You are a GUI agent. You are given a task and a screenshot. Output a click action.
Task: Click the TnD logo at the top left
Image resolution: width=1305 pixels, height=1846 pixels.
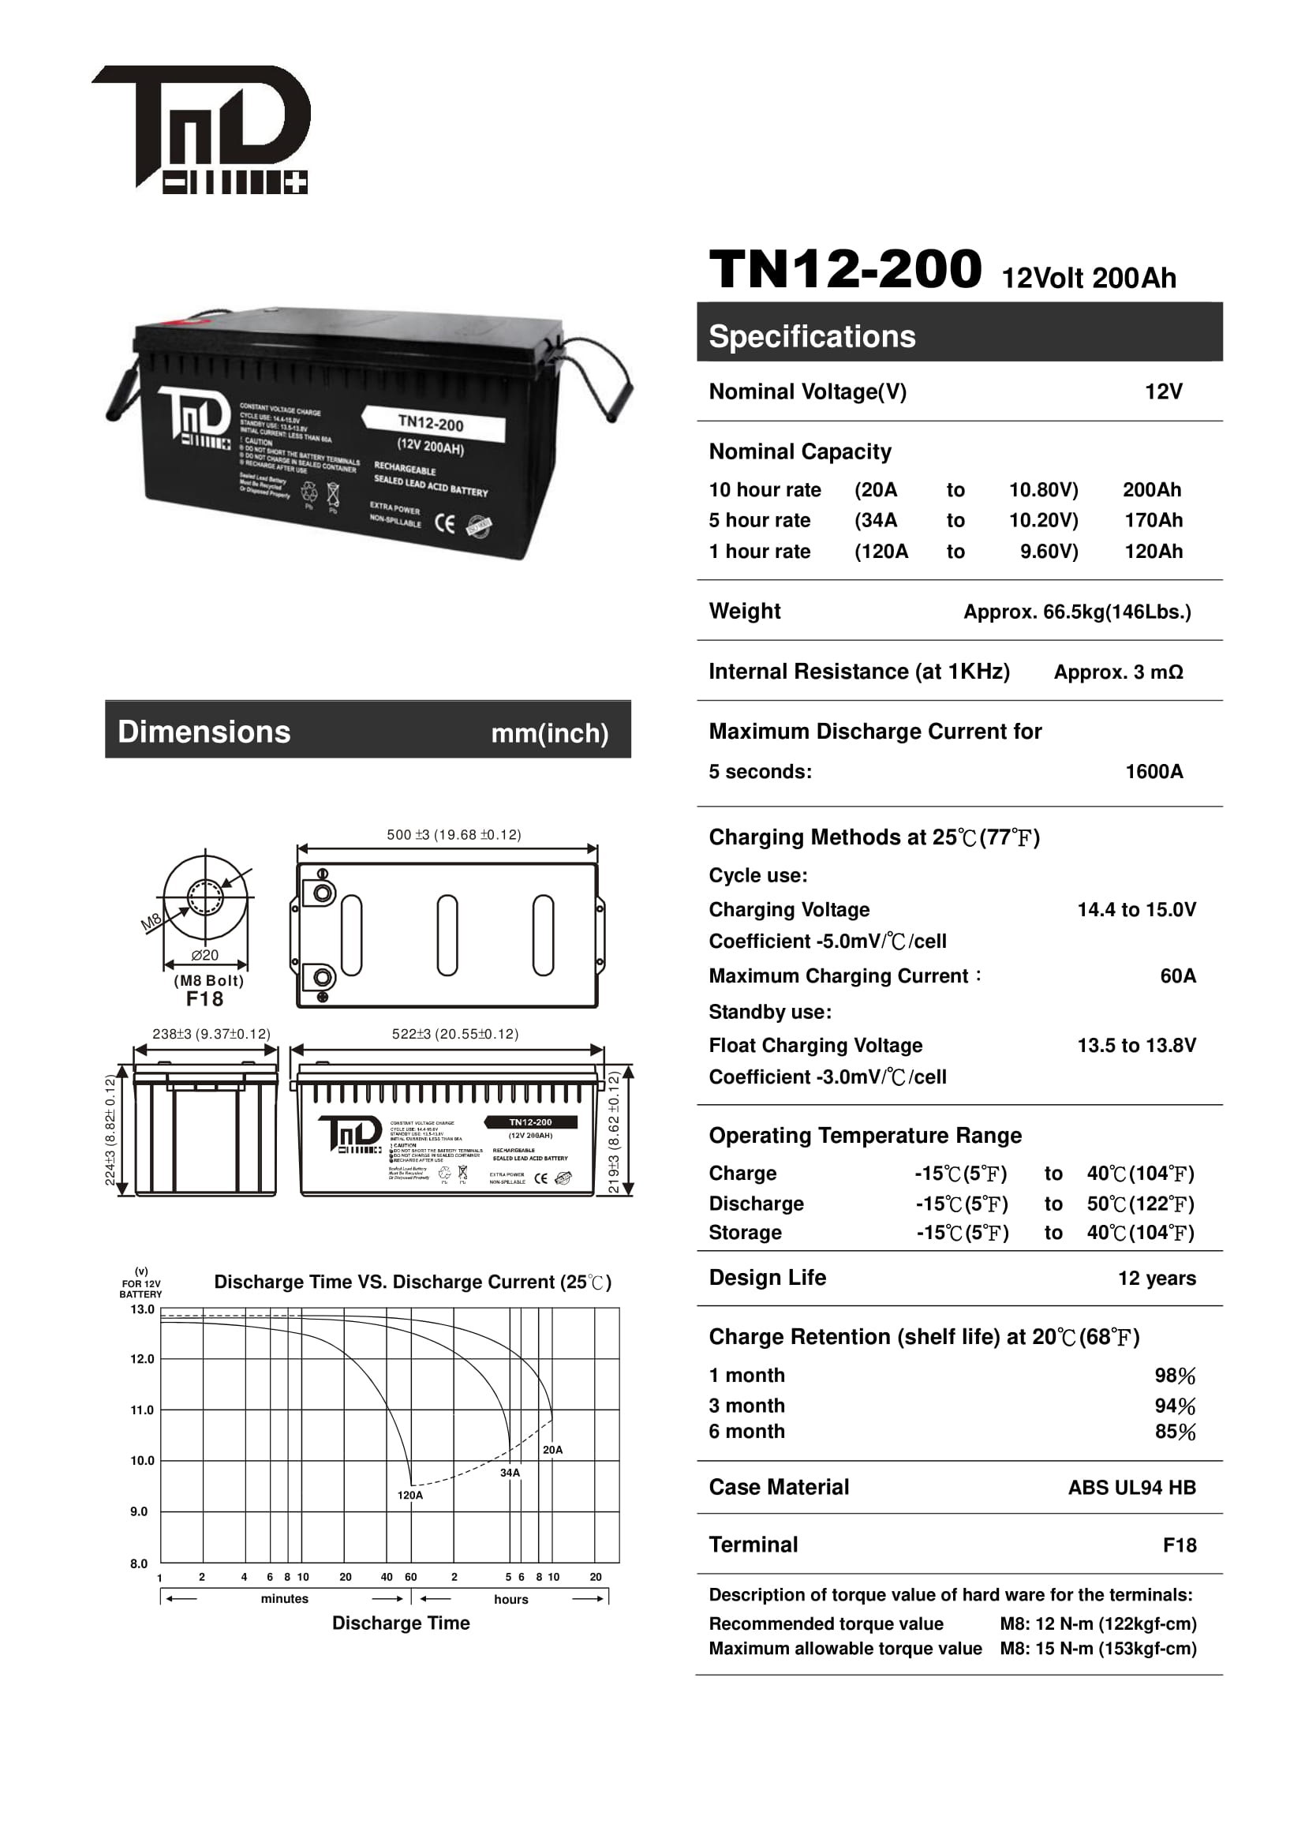[201, 129]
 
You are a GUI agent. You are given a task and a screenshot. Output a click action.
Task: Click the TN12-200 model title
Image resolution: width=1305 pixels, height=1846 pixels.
[844, 269]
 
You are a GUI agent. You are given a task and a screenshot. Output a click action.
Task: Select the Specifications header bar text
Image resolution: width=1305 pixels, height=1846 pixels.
[812, 336]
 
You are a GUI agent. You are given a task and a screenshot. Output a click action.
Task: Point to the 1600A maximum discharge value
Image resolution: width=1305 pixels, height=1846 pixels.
[1154, 772]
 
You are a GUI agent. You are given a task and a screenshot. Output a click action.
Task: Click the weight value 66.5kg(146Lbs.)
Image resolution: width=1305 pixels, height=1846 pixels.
[1077, 612]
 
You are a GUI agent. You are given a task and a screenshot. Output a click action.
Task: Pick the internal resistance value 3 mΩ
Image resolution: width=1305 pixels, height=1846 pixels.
[1118, 672]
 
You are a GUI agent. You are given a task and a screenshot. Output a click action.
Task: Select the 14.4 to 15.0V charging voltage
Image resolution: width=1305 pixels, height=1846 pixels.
[1136, 909]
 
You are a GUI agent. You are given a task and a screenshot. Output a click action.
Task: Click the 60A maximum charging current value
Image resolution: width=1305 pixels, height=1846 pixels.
[1178, 976]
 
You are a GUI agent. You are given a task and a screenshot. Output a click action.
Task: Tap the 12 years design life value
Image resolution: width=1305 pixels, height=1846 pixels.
[1157, 1279]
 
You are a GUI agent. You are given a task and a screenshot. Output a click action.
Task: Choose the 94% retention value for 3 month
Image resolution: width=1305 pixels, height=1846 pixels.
[1175, 1406]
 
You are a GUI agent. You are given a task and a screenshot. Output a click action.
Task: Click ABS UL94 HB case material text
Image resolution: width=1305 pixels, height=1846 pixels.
[1131, 1488]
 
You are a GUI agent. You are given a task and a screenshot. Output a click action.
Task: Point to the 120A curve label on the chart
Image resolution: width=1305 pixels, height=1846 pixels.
[409, 1496]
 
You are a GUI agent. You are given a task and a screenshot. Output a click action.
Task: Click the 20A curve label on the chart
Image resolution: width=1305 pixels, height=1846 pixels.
[553, 1450]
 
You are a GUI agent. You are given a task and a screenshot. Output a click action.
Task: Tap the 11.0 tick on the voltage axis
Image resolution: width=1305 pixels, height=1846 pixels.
[142, 1410]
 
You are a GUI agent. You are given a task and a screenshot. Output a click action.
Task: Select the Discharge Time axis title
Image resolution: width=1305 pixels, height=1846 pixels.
[401, 1623]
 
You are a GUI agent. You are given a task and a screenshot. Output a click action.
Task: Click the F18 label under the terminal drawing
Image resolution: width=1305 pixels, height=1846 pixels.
[205, 999]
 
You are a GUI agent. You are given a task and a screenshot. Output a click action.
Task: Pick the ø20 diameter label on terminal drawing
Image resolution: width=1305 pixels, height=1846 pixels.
[205, 955]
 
